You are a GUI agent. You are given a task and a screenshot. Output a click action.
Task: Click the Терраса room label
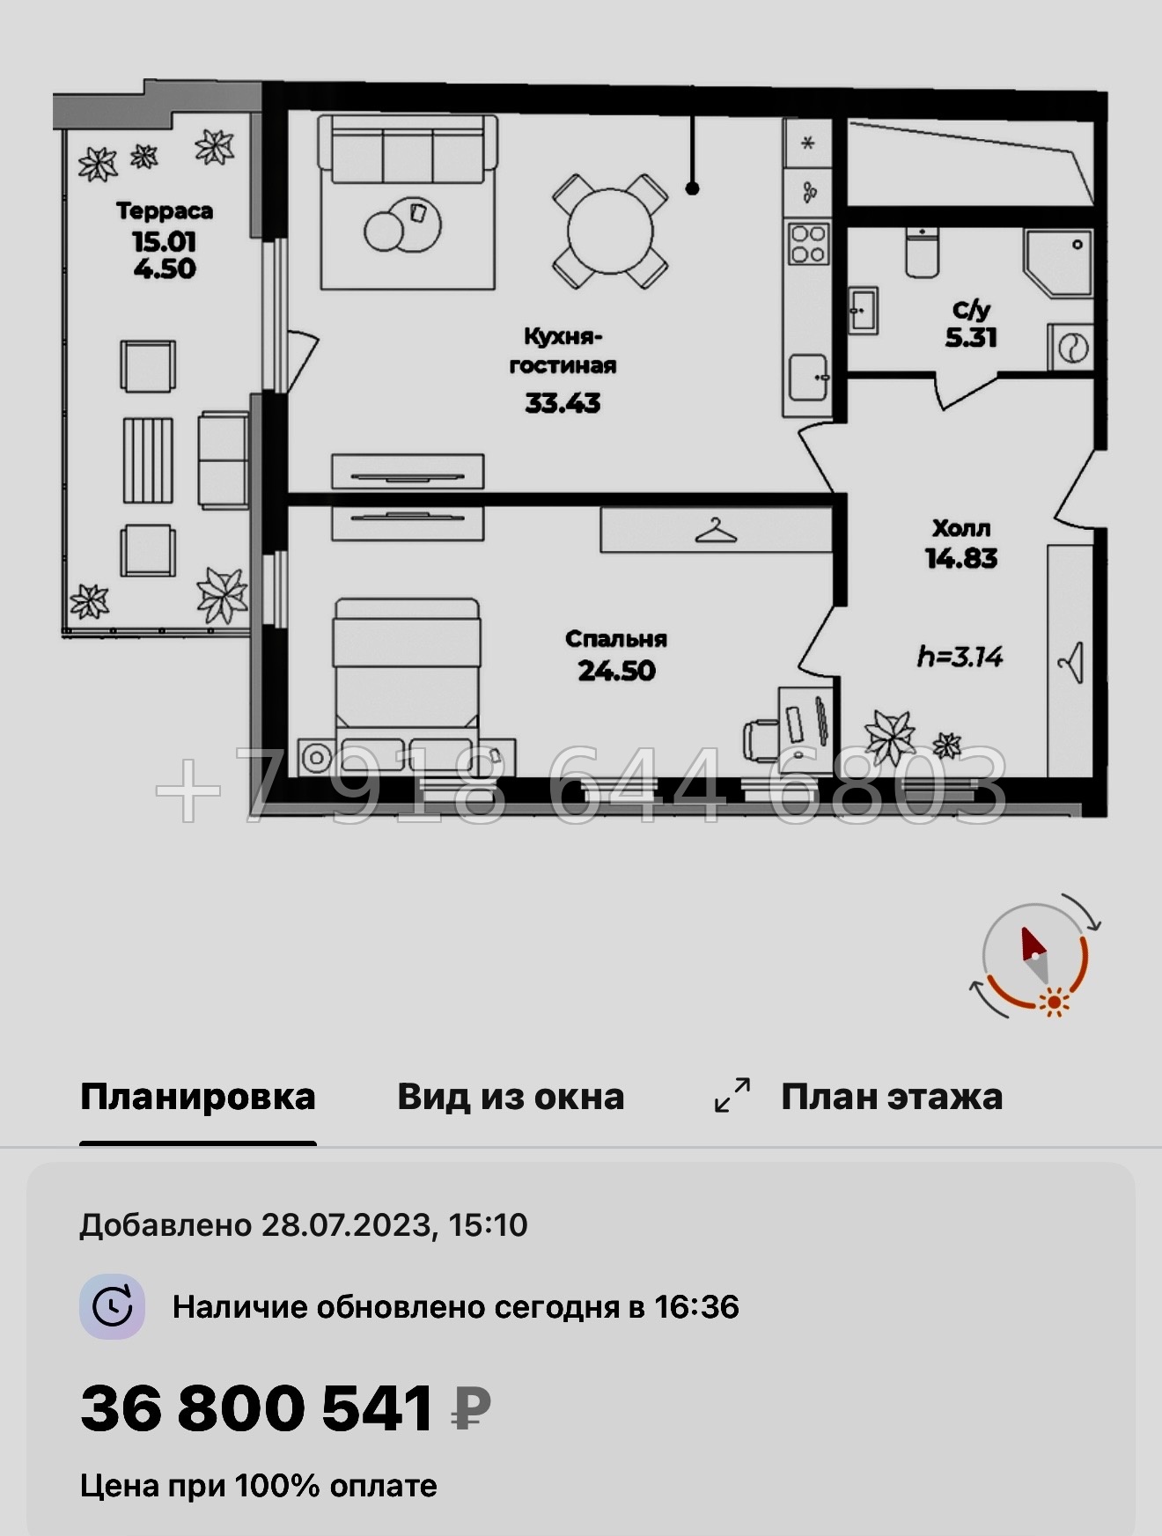[165, 211]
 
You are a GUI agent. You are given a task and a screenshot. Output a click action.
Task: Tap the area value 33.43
[563, 403]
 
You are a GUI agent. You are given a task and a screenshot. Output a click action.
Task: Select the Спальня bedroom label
[616, 639]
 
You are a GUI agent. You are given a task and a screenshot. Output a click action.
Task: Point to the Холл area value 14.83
[961, 558]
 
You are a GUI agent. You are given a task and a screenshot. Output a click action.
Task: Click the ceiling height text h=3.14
[960, 657]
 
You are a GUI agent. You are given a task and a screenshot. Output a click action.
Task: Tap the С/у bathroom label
[971, 310]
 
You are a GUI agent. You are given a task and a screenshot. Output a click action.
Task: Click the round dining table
[610, 232]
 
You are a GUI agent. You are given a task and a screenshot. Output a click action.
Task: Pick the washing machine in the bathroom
[1070, 347]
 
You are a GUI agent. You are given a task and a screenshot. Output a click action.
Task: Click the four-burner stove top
[808, 244]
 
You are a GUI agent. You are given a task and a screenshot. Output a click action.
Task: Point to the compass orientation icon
[1035, 956]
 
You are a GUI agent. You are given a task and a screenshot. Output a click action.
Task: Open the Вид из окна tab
[511, 1097]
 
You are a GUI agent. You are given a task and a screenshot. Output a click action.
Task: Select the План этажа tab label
[892, 1097]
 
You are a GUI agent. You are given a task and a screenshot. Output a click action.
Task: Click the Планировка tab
[198, 1097]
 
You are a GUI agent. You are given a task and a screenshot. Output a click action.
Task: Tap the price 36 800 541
[256, 1407]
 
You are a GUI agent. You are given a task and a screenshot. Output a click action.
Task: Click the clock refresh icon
[113, 1306]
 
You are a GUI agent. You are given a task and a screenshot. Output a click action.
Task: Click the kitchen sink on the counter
[808, 378]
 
